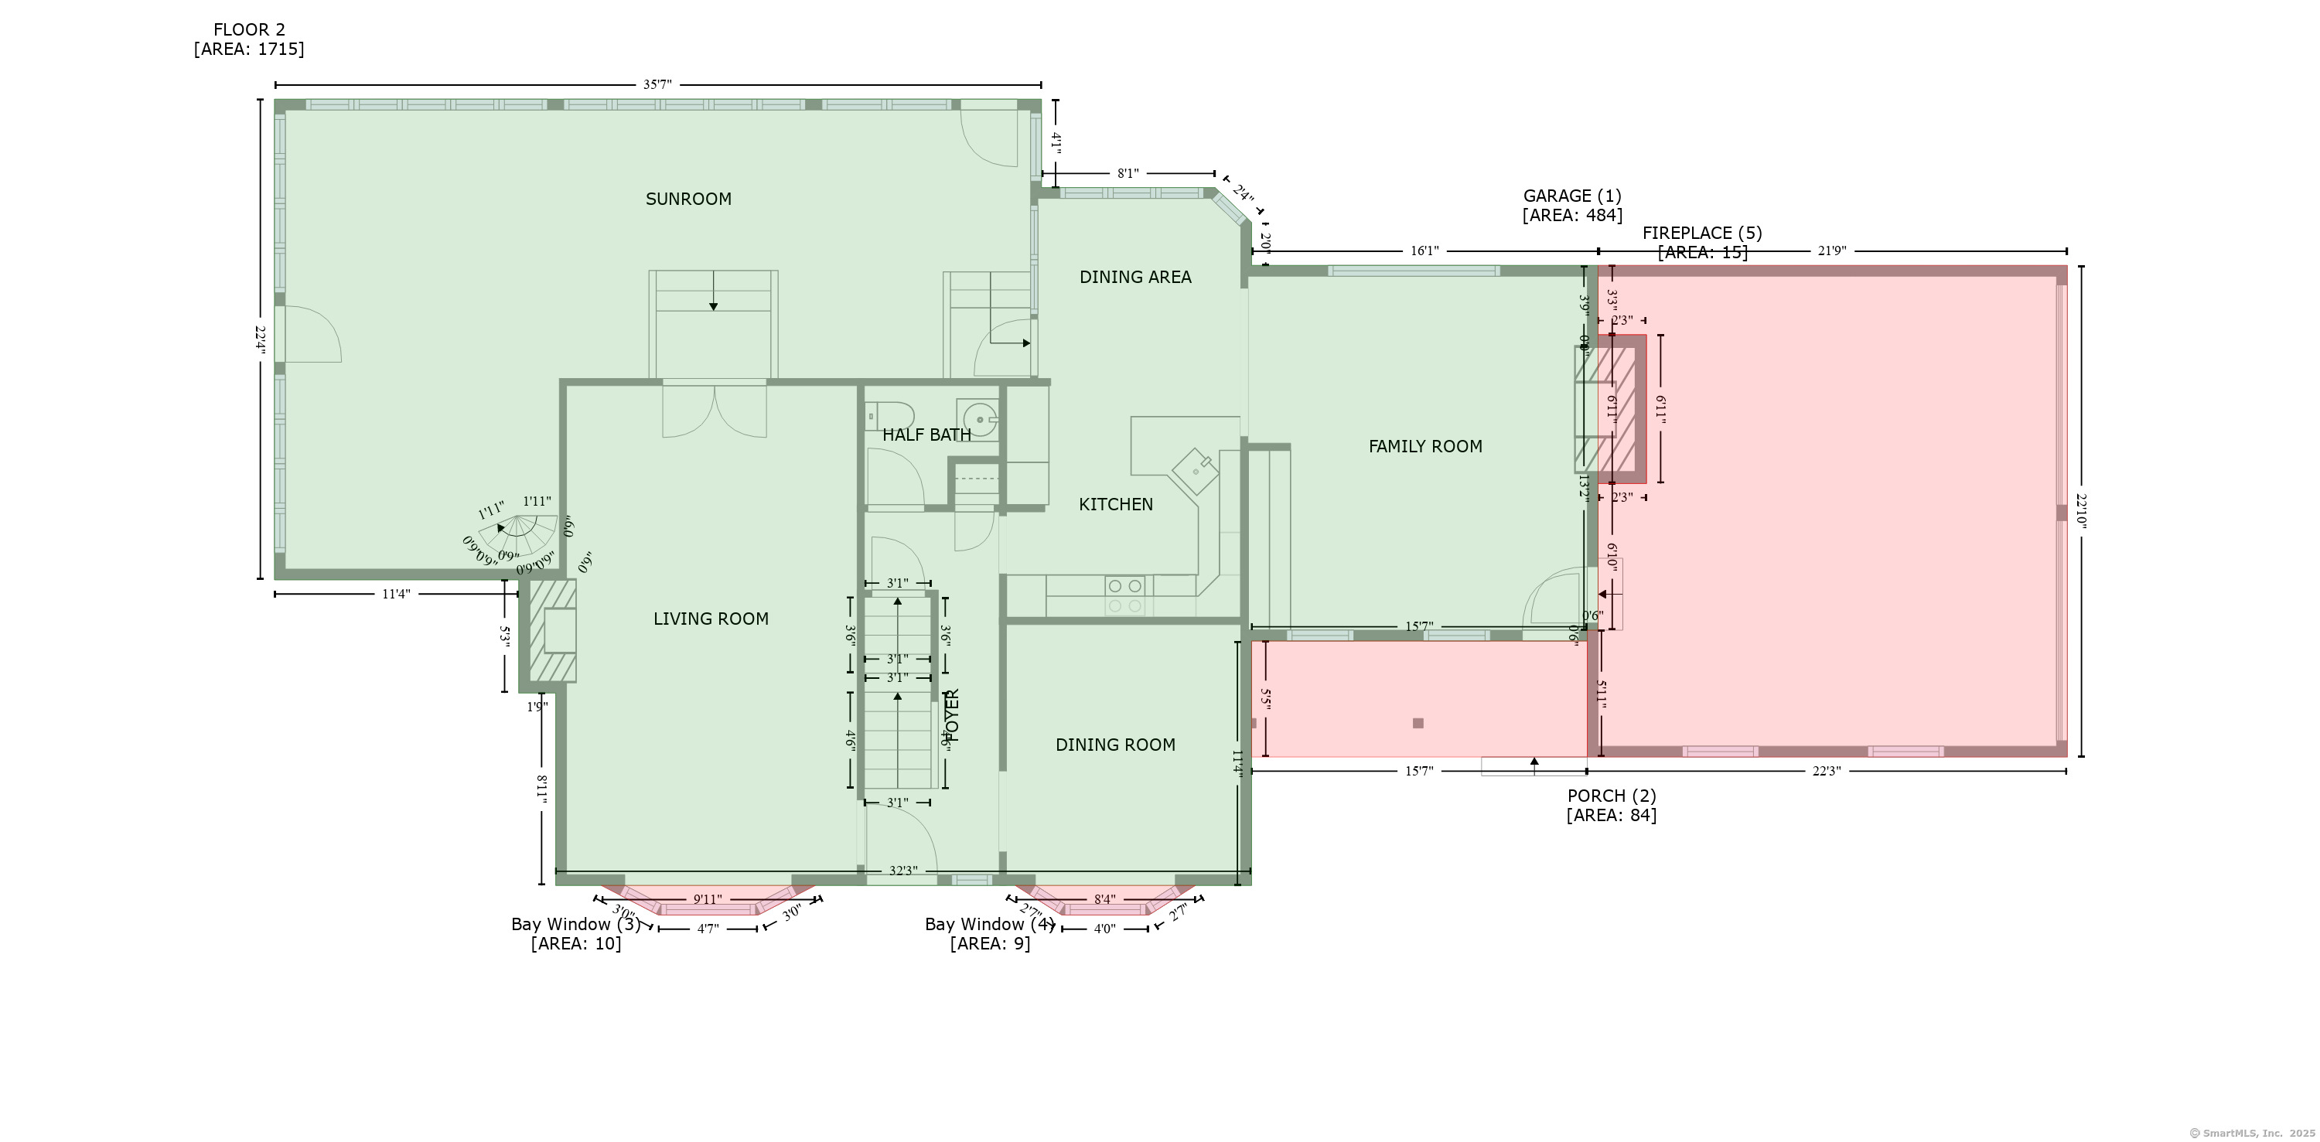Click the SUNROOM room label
688,199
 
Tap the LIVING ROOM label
711,619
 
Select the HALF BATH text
926,435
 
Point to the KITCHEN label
1115,504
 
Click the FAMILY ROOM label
1424,446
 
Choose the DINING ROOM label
1115,745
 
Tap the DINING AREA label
1134,278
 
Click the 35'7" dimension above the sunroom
657,84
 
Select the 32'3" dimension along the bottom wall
902,871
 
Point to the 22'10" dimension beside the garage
2080,510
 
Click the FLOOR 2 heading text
248,29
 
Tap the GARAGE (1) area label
1571,196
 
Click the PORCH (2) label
1611,796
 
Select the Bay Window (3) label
575,924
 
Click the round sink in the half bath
977,419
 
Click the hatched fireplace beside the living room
552,630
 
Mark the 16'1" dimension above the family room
1424,251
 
